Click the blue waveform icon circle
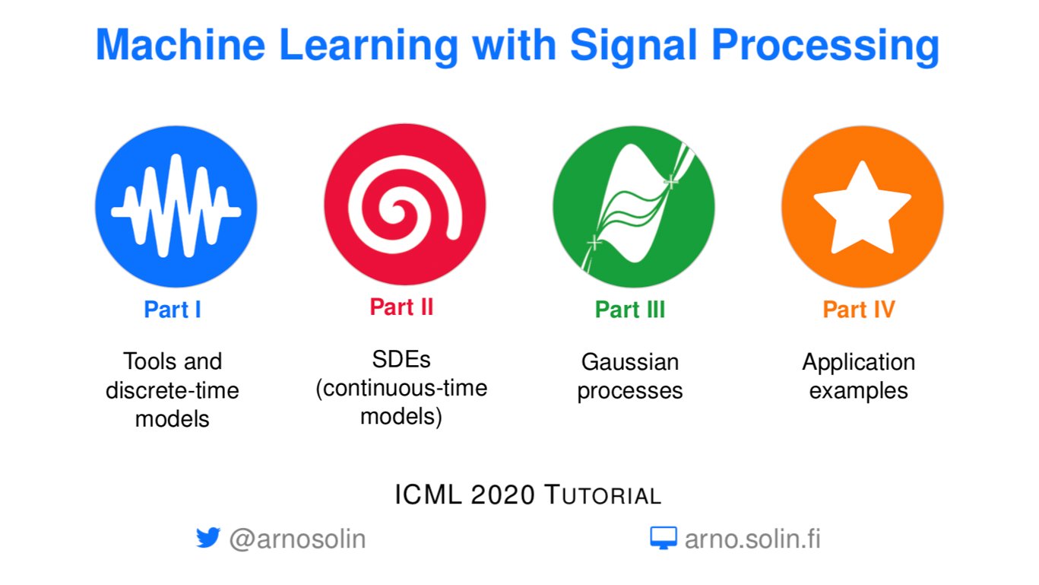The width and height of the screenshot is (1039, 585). pos(176,207)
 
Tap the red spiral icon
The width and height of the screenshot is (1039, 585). pos(405,205)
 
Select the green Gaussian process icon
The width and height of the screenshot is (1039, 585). pos(634,207)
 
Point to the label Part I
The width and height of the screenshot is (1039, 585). pos(172,309)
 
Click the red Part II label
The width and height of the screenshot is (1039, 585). pos(401,307)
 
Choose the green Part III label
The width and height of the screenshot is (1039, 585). pos(630,309)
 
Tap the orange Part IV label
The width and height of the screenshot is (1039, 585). pos(859,309)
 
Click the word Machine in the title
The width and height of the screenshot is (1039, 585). pos(180,45)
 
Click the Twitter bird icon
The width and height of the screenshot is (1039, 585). pos(207,538)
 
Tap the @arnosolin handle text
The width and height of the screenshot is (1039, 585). pos(297,539)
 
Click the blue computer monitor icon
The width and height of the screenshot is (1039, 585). pos(664,538)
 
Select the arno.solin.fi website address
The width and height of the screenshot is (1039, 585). pos(752,539)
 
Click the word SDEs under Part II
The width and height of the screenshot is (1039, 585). pos(401,359)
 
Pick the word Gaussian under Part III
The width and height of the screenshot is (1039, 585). pos(630,362)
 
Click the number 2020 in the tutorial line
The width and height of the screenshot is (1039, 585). pos(502,494)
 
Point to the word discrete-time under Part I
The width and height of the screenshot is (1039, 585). pos(172,390)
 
